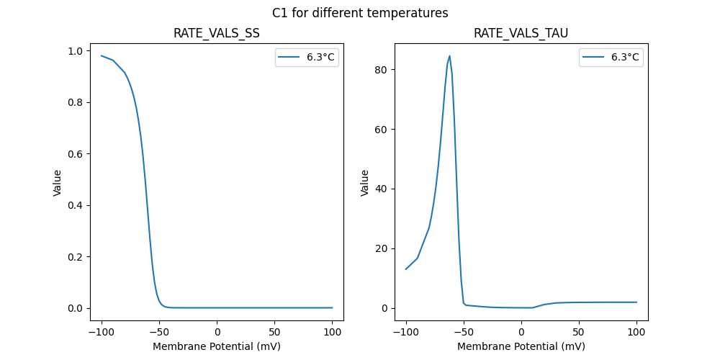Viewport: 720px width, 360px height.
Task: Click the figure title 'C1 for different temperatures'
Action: click(360, 13)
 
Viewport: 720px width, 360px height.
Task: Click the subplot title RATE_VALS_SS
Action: click(217, 34)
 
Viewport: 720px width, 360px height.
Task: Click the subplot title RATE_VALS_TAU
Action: click(521, 34)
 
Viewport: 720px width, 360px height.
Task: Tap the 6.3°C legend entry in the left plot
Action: click(306, 58)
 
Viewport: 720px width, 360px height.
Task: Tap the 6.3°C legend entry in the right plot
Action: click(611, 58)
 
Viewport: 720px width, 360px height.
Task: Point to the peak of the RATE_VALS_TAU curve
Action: click(450, 55)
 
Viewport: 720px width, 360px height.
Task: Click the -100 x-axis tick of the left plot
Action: click(102, 331)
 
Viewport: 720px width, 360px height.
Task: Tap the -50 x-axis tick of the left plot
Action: click(159, 331)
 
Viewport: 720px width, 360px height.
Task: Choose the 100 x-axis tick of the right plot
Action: click(636, 331)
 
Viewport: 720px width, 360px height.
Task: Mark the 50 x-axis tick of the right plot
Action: click(579, 331)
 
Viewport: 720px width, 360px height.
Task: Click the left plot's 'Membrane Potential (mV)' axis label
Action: click(217, 346)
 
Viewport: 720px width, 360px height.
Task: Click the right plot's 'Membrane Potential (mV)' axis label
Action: click(521, 346)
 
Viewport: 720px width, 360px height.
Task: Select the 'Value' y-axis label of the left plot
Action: click(58, 183)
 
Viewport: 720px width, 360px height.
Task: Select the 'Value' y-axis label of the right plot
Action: click(365, 183)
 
